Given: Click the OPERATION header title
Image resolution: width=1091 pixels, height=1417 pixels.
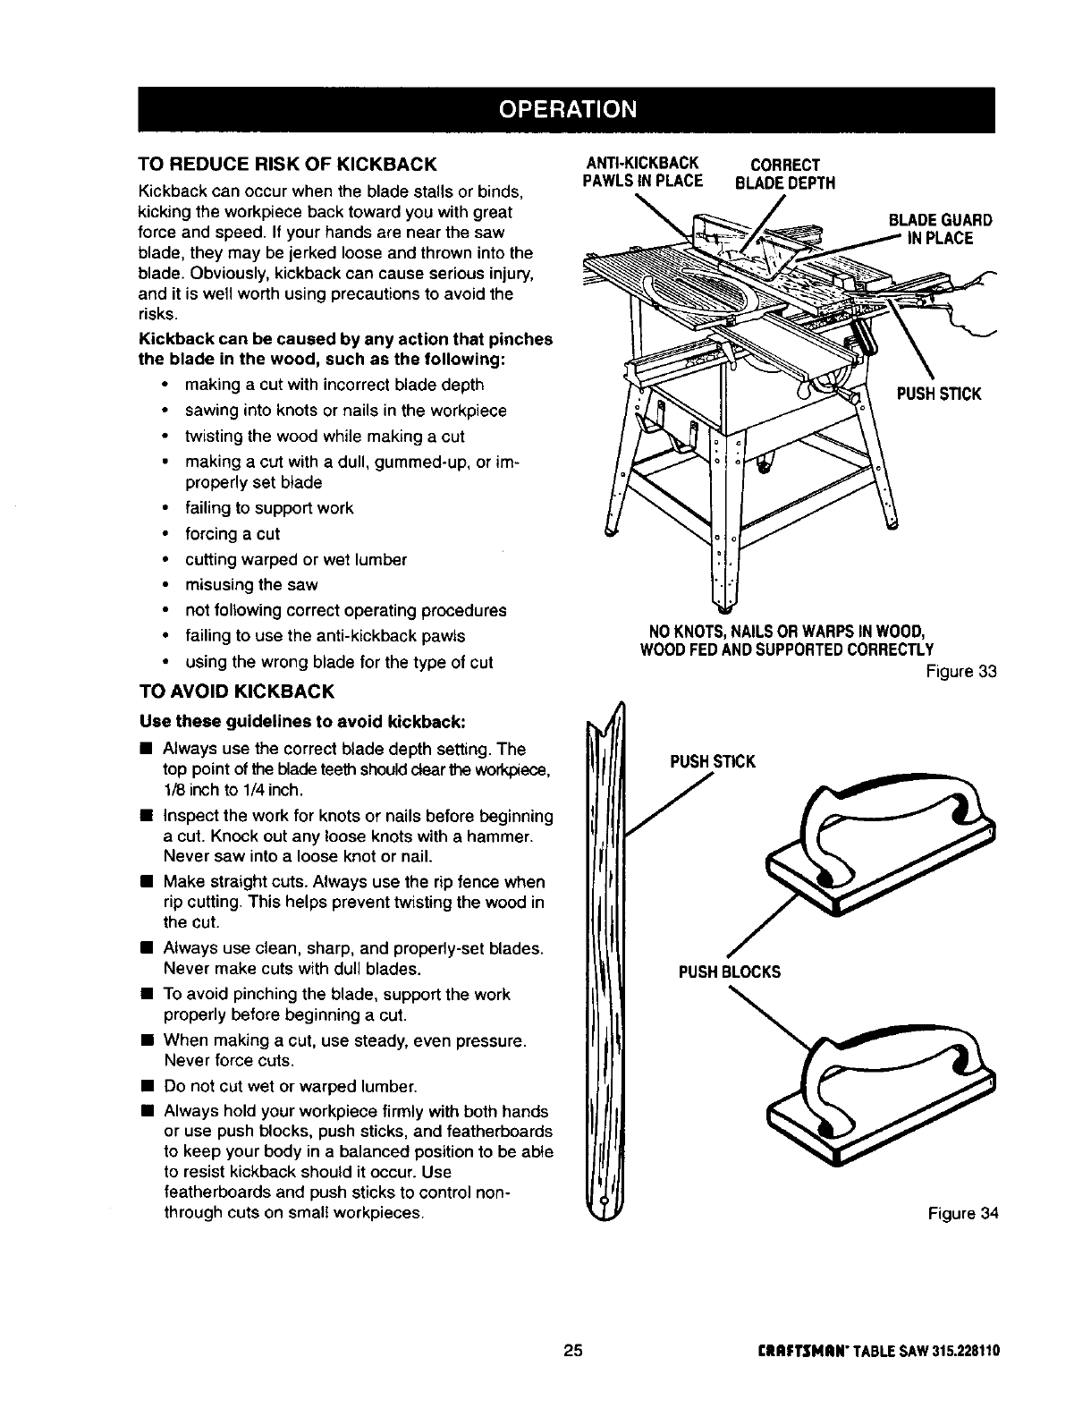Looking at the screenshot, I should (x=568, y=108).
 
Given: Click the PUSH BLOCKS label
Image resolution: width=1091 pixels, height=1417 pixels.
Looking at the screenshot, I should (x=729, y=972).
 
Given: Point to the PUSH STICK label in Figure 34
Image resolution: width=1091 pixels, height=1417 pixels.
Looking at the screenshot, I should (x=713, y=761).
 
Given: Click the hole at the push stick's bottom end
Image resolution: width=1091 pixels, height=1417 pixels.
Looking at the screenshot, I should (x=605, y=1199).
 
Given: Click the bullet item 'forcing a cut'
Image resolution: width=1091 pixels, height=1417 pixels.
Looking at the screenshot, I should (x=232, y=534).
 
